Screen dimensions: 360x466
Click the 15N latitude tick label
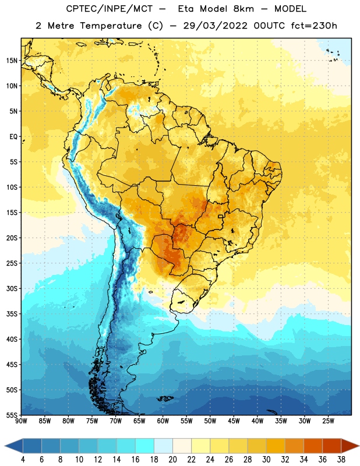pyautogui.click(x=12, y=61)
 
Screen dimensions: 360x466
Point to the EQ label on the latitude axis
pyautogui.click(x=13, y=137)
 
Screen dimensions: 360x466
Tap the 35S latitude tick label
pyautogui.click(x=12, y=314)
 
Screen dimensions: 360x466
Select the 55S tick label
pyautogui.click(x=12, y=415)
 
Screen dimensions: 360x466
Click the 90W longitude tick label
pyautogui.click(x=21, y=421)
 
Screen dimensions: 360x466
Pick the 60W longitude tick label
pyautogui.click(x=163, y=421)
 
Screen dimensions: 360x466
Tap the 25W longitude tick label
pyautogui.click(x=328, y=421)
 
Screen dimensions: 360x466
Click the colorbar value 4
pyautogui.click(x=23, y=460)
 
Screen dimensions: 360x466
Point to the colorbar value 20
pyautogui.click(x=172, y=460)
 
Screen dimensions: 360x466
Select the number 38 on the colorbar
pyautogui.click(x=341, y=460)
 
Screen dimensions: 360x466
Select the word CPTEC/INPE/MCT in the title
pyautogui.click(x=110, y=9)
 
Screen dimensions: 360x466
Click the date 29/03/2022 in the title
pyautogui.click(x=215, y=26)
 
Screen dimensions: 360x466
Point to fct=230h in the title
pyautogui.click(x=314, y=26)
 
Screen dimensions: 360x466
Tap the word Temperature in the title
pyautogui.click(x=111, y=26)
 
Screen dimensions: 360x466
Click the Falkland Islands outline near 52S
pyautogui.click(x=165, y=398)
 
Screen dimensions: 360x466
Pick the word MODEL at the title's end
pyautogui.click(x=290, y=9)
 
